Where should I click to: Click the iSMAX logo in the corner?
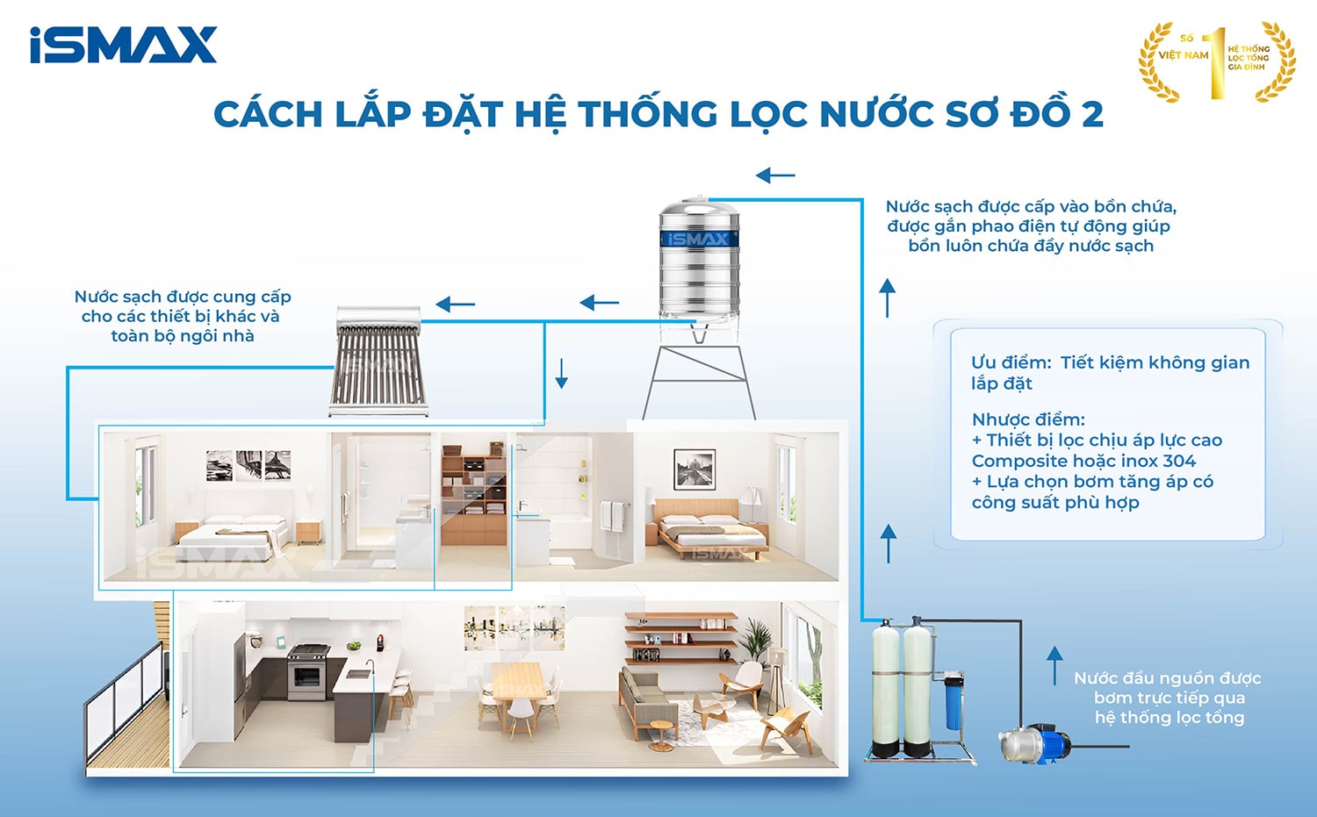coord(123,45)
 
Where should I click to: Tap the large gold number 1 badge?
coord(1216,61)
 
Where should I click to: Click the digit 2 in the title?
coord(1091,114)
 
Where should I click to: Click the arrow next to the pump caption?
coord(1054,665)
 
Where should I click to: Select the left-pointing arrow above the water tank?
coord(775,176)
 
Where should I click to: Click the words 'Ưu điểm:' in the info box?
coord(1011,362)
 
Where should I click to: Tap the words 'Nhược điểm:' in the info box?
coord(1028,419)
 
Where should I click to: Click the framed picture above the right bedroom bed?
coord(694,469)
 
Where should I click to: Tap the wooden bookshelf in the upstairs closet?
coord(473,496)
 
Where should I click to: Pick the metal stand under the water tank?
coord(699,377)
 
